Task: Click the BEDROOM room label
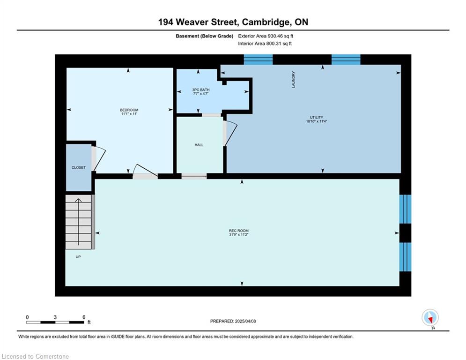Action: (129, 110)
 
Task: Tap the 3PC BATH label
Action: (201, 90)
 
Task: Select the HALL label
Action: (199, 145)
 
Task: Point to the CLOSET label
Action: (79, 167)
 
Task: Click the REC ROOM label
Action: (239, 231)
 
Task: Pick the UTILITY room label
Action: (317, 118)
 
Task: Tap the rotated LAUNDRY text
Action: (294, 79)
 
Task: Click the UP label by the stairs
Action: (78, 257)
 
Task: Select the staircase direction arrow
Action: (78, 222)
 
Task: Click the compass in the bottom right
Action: (430, 318)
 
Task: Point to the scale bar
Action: (55, 322)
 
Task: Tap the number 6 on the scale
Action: (84, 317)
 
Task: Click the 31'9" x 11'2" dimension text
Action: (239, 235)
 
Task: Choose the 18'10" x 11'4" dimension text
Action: (317, 121)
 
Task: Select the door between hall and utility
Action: (230, 134)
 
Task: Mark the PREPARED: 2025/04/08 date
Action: (233, 321)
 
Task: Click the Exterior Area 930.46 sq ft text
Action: (266, 36)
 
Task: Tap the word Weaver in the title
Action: (192, 22)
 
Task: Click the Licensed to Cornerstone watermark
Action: (35, 356)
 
